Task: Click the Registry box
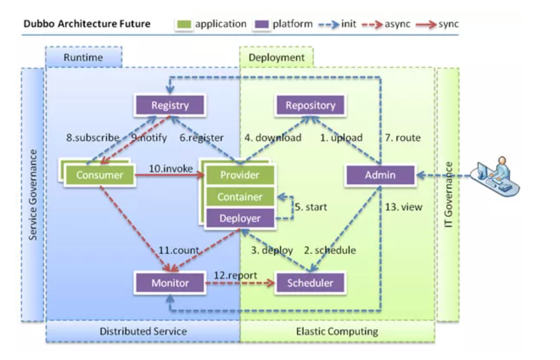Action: pyautogui.click(x=170, y=105)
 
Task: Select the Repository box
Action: pyautogui.click(x=310, y=105)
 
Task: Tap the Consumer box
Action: pyautogui.click(x=100, y=175)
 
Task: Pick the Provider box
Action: pyautogui.click(x=240, y=175)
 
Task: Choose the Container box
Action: pyautogui.click(x=240, y=197)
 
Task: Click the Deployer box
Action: pyautogui.click(x=240, y=219)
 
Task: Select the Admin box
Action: pyautogui.click(x=380, y=175)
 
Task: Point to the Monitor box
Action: pyautogui.click(x=170, y=283)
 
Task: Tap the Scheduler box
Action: pyautogui.click(x=310, y=283)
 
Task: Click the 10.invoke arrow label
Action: pyautogui.click(x=171, y=169)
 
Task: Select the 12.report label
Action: pyautogui.click(x=235, y=275)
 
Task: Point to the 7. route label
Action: pyautogui.click(x=403, y=138)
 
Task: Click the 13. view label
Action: pyautogui.click(x=404, y=207)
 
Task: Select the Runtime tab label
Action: pyautogui.click(x=83, y=57)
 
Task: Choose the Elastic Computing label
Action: pyautogui.click(x=337, y=331)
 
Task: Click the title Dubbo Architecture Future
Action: pyautogui.click(x=87, y=24)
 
